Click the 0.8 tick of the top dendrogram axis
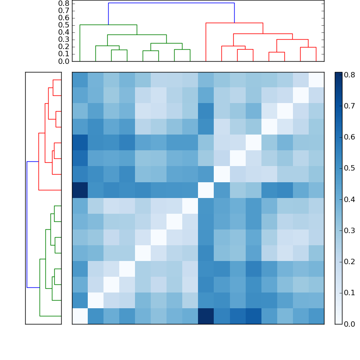pyautogui.click(x=63, y=3)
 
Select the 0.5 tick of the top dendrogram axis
pyautogui.click(x=63, y=25)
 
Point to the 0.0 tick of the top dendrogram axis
pyautogui.click(x=63, y=61)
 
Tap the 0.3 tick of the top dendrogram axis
pyautogui.click(x=63, y=39)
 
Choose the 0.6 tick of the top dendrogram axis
pyautogui.click(x=63, y=18)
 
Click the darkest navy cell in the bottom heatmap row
pyautogui.click(x=206, y=316)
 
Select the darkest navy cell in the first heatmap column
pyautogui.click(x=80, y=190)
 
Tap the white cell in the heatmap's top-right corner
pyautogui.click(x=316, y=80)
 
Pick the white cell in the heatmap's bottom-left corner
pyautogui.click(x=80, y=316)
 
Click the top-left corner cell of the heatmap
pyautogui.click(x=80, y=80)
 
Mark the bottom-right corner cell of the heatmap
pyautogui.click(x=316, y=316)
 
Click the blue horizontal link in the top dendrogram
pyautogui.click(x=171, y=3)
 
